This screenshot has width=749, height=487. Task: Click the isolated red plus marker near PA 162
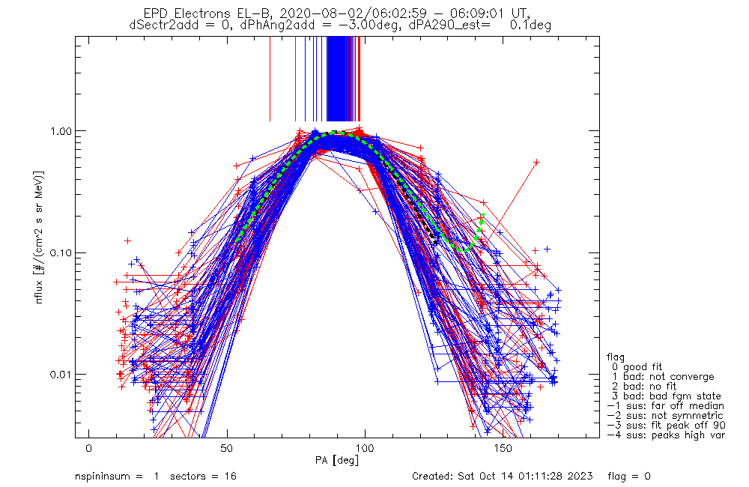(x=536, y=162)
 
